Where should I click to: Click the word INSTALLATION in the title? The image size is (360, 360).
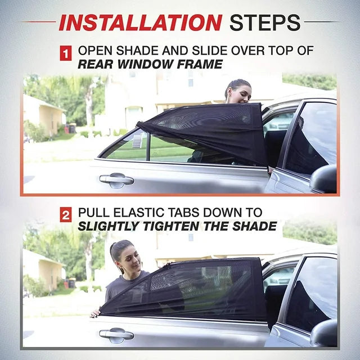pos(140,22)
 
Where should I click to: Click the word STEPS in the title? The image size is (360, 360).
pos(265,22)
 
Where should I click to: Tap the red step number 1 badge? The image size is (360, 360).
pos(66,54)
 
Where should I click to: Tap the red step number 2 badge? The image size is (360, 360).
pos(66,214)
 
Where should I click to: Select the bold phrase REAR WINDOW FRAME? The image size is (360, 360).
pos(150,65)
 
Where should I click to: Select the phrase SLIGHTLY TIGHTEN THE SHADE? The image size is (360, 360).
pos(177,227)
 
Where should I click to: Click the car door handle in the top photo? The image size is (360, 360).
pos(116,180)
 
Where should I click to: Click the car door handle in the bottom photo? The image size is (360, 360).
pos(116,334)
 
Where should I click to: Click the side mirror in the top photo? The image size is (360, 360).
pos(324,179)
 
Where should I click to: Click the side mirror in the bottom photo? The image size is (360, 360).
pos(325,335)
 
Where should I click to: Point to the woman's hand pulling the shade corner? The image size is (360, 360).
pos(96,312)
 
